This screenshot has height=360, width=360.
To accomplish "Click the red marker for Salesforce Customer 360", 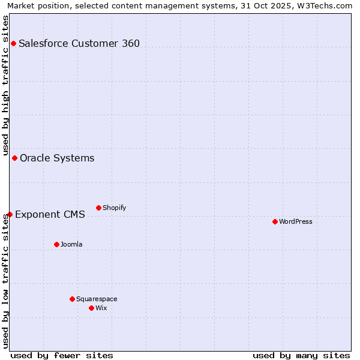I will click(x=13, y=43).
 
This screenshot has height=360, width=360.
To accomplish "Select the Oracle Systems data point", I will click(x=14, y=158).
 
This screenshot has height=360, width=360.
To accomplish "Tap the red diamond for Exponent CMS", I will click(x=10, y=214).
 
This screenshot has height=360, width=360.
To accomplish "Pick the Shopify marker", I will click(x=98, y=208).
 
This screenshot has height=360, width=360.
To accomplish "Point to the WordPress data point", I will click(x=275, y=221).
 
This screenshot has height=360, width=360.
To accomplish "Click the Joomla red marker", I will click(x=56, y=244).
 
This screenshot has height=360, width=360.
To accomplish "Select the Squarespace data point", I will click(x=72, y=299).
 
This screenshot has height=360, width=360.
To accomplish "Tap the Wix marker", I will click(x=91, y=308).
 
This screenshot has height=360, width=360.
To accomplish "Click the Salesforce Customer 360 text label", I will click(x=79, y=43).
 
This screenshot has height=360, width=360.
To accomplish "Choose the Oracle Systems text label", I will click(x=57, y=158).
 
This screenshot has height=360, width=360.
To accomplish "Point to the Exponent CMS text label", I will click(x=50, y=214).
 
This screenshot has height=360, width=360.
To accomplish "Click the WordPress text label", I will click(x=296, y=221).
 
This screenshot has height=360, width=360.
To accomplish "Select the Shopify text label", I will click(x=114, y=208).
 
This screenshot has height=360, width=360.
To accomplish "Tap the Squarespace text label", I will click(x=97, y=299).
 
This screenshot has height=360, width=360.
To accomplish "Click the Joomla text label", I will click(x=71, y=244).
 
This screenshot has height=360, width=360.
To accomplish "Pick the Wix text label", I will click(x=101, y=308).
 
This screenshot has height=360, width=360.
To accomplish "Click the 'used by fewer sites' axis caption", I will click(x=62, y=355).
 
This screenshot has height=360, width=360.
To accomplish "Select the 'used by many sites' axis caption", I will click(x=301, y=355).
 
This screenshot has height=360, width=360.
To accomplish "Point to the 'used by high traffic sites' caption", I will click(x=5, y=84).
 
